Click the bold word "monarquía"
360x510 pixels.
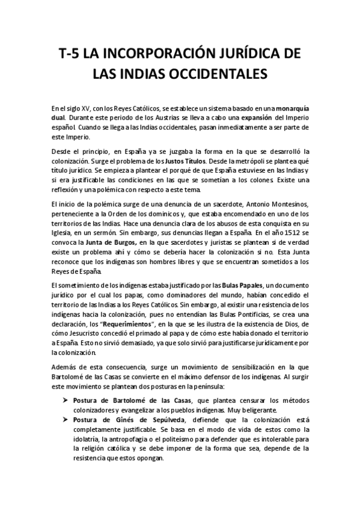(289, 107)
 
